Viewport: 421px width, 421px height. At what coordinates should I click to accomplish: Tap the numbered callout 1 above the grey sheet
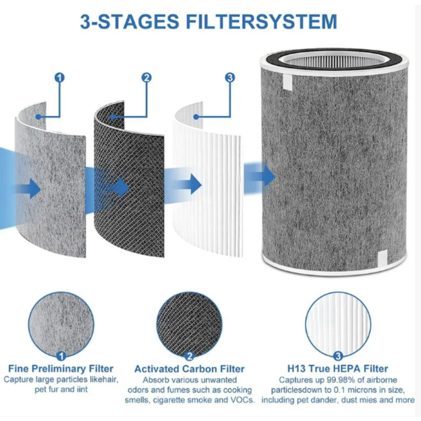click(60, 77)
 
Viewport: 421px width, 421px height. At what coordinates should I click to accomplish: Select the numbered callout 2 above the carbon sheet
click(146, 77)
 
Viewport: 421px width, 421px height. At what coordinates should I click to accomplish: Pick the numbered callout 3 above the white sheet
click(229, 77)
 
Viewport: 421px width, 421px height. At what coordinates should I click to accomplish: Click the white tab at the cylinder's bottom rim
click(383, 256)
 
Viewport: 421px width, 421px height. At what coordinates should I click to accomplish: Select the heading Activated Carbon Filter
click(189, 369)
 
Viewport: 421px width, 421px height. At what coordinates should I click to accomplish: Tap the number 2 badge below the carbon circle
click(189, 356)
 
